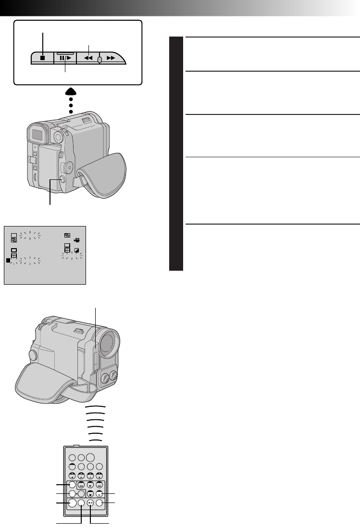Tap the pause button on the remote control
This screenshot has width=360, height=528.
click(99, 493)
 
